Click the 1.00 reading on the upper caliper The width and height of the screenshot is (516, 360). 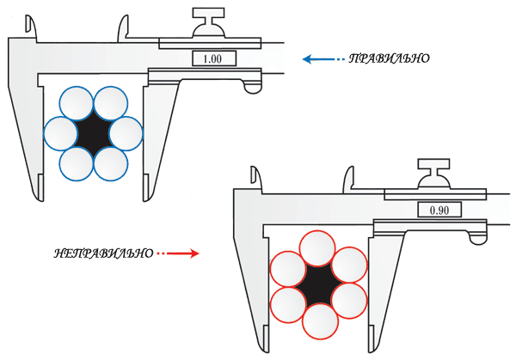point(212,59)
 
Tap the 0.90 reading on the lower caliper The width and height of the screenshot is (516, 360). point(439,210)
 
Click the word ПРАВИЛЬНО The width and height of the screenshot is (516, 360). point(389,58)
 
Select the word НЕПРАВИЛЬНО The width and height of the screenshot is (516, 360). point(104,253)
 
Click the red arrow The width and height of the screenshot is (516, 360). point(178,253)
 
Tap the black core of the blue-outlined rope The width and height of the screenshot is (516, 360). point(93,133)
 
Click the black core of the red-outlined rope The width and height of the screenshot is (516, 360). point(318,285)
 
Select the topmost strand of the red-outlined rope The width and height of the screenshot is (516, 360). point(317,248)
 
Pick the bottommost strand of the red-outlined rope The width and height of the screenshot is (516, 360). point(320,321)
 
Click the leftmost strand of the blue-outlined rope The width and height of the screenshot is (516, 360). point(60,133)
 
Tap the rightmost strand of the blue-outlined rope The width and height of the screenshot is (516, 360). point(126,133)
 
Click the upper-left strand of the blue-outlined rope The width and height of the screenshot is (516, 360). point(77,103)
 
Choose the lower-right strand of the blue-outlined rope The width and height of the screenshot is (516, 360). point(111,164)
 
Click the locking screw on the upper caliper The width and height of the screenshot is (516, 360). point(209,23)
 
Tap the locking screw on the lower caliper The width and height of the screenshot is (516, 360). point(434,174)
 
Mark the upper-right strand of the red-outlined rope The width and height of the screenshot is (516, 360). point(349,265)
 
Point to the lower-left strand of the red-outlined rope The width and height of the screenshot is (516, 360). point(288,305)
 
